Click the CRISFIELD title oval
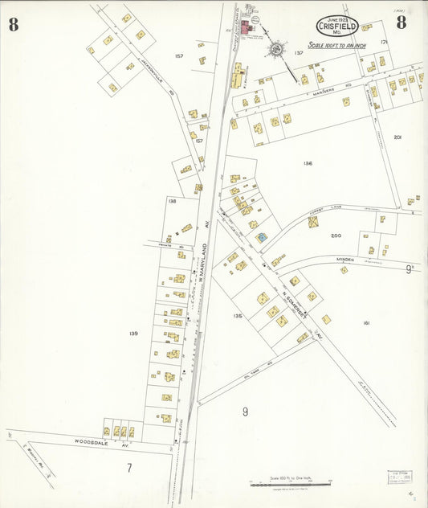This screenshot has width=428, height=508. click(337, 26)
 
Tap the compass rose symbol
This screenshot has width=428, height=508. click(275, 49)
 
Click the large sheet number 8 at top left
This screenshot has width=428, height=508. click(14, 24)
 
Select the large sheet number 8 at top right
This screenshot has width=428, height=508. click(401, 23)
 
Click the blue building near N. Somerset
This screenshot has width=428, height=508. click(261, 237)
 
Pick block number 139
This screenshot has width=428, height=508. click(132, 333)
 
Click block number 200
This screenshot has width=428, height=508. click(336, 236)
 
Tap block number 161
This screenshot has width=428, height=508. click(365, 323)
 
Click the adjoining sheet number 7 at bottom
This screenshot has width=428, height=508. click(128, 466)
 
